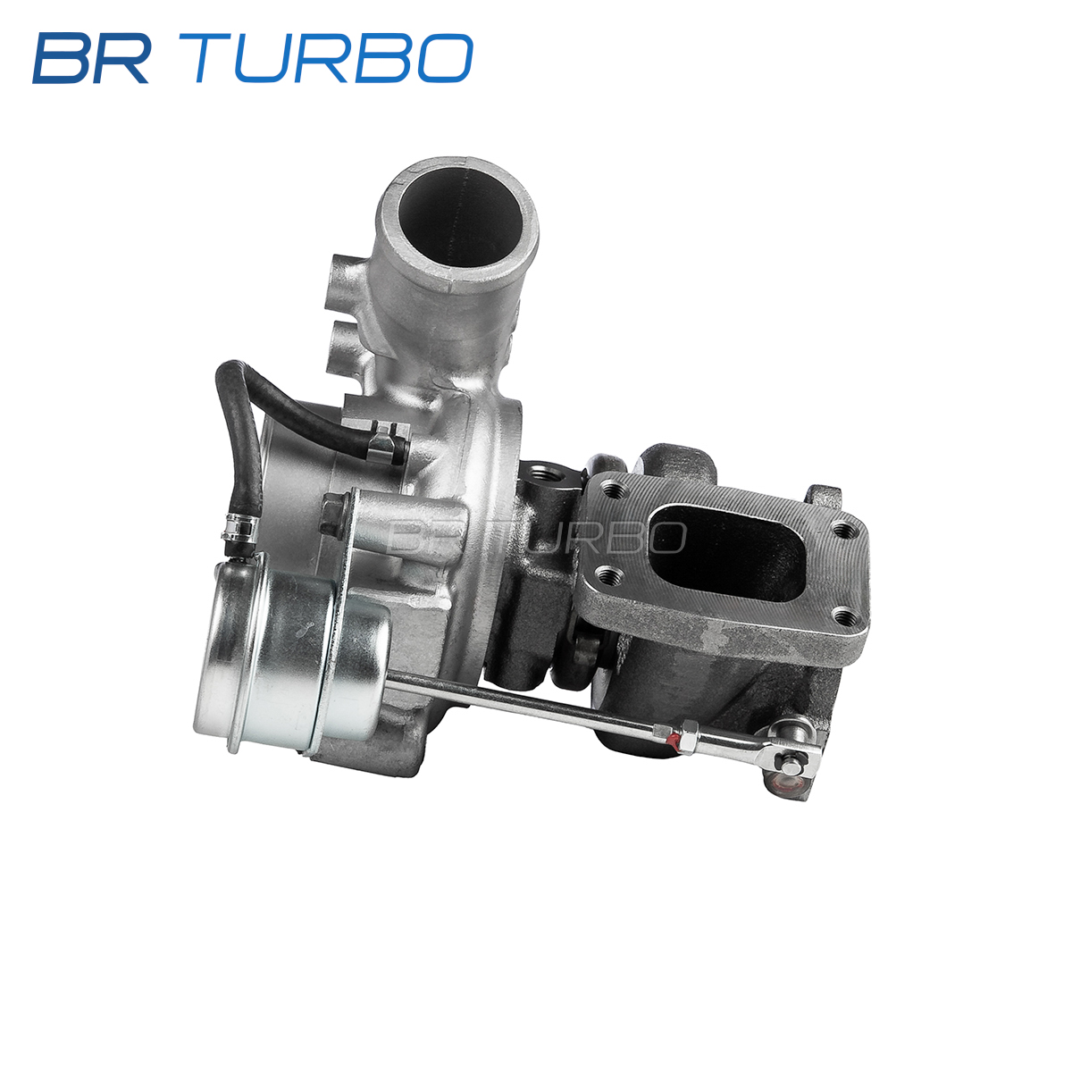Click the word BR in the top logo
point(91,58)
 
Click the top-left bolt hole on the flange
point(614,490)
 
